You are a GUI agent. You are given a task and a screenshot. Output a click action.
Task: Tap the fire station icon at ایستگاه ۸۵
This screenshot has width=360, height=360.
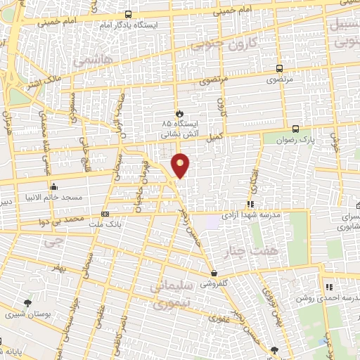click(179, 112)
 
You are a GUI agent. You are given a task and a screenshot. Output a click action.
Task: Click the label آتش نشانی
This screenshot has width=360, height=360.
click(176, 133)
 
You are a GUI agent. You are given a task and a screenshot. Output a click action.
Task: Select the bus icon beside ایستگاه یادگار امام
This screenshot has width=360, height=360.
click(128, 14)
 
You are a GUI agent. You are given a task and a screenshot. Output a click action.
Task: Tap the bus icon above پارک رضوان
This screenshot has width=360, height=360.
click(295, 129)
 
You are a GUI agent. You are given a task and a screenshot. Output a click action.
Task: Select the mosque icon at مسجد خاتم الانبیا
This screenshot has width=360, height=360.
click(54, 186)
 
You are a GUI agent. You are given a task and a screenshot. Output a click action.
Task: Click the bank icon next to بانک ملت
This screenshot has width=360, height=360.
click(105, 214)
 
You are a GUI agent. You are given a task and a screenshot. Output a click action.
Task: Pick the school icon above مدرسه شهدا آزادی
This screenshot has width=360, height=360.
click(251, 204)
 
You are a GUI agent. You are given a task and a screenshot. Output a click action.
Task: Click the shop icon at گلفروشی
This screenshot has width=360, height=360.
click(213, 273)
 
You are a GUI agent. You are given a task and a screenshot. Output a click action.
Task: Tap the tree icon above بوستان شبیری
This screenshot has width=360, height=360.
click(27, 303)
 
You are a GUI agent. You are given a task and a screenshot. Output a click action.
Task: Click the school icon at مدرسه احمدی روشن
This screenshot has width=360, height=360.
click(328, 286)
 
